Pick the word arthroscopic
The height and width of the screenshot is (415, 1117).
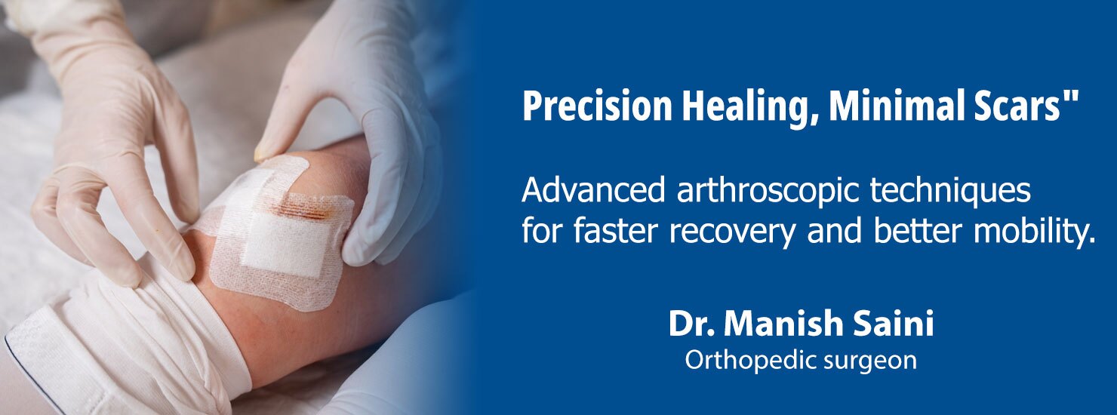coord(768,193)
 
